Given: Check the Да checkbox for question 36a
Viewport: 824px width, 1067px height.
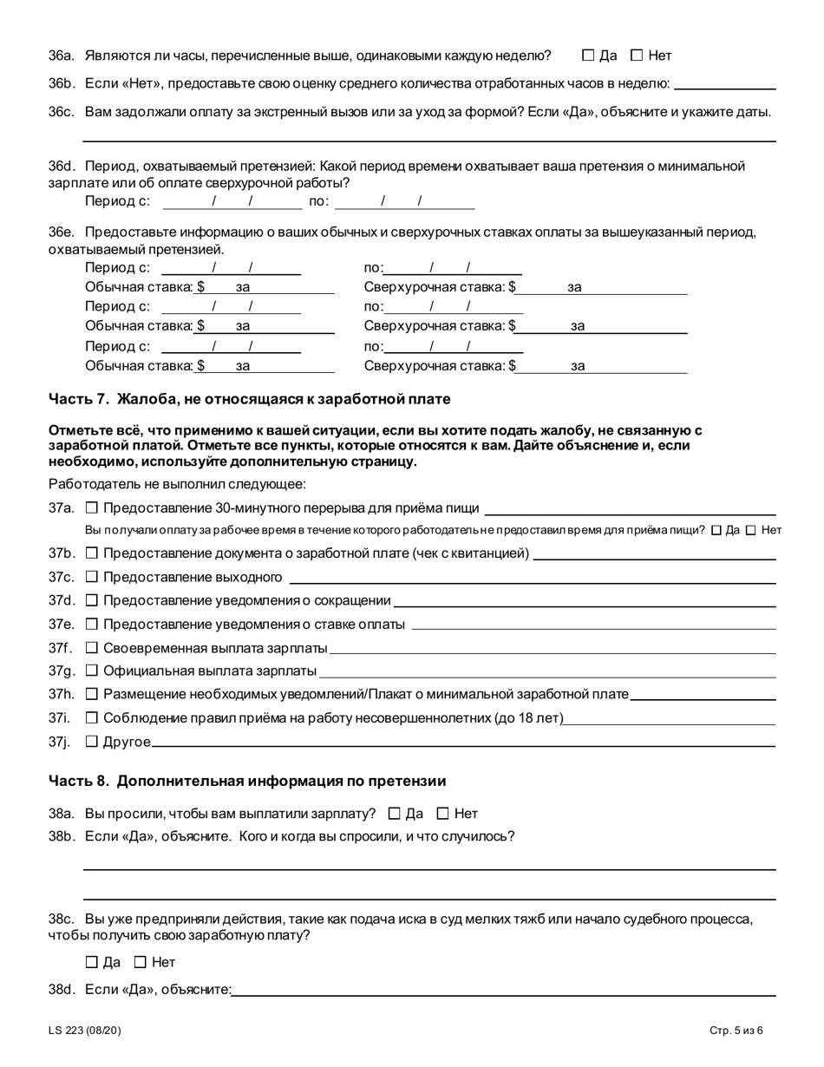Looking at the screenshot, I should click(588, 56).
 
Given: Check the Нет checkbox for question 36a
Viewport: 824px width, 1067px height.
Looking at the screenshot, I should click(637, 56).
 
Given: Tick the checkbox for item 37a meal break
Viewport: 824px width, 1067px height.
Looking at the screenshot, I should click(92, 508).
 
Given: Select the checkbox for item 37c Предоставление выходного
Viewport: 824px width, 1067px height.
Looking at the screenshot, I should click(92, 577).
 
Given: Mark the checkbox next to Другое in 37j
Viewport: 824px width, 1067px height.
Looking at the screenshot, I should click(92, 742).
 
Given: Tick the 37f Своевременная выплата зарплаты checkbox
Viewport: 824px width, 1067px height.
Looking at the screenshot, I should click(92, 648).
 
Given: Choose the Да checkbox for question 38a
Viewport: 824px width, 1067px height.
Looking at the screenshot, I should click(395, 814).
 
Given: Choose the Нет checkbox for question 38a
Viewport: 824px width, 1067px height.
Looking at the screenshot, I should click(443, 814).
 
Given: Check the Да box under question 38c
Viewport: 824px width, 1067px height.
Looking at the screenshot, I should click(92, 962).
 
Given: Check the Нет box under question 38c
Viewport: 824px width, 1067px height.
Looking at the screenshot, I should click(141, 962).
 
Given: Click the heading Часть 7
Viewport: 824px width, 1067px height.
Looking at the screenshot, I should click(250, 399).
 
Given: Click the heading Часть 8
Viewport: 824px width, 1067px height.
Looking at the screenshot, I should click(247, 781).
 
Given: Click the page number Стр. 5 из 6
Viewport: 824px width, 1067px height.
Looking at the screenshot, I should click(736, 1031).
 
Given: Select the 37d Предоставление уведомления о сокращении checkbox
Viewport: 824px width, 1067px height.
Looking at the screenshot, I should click(92, 600).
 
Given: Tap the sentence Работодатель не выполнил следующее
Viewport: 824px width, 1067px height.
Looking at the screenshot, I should click(177, 484).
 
